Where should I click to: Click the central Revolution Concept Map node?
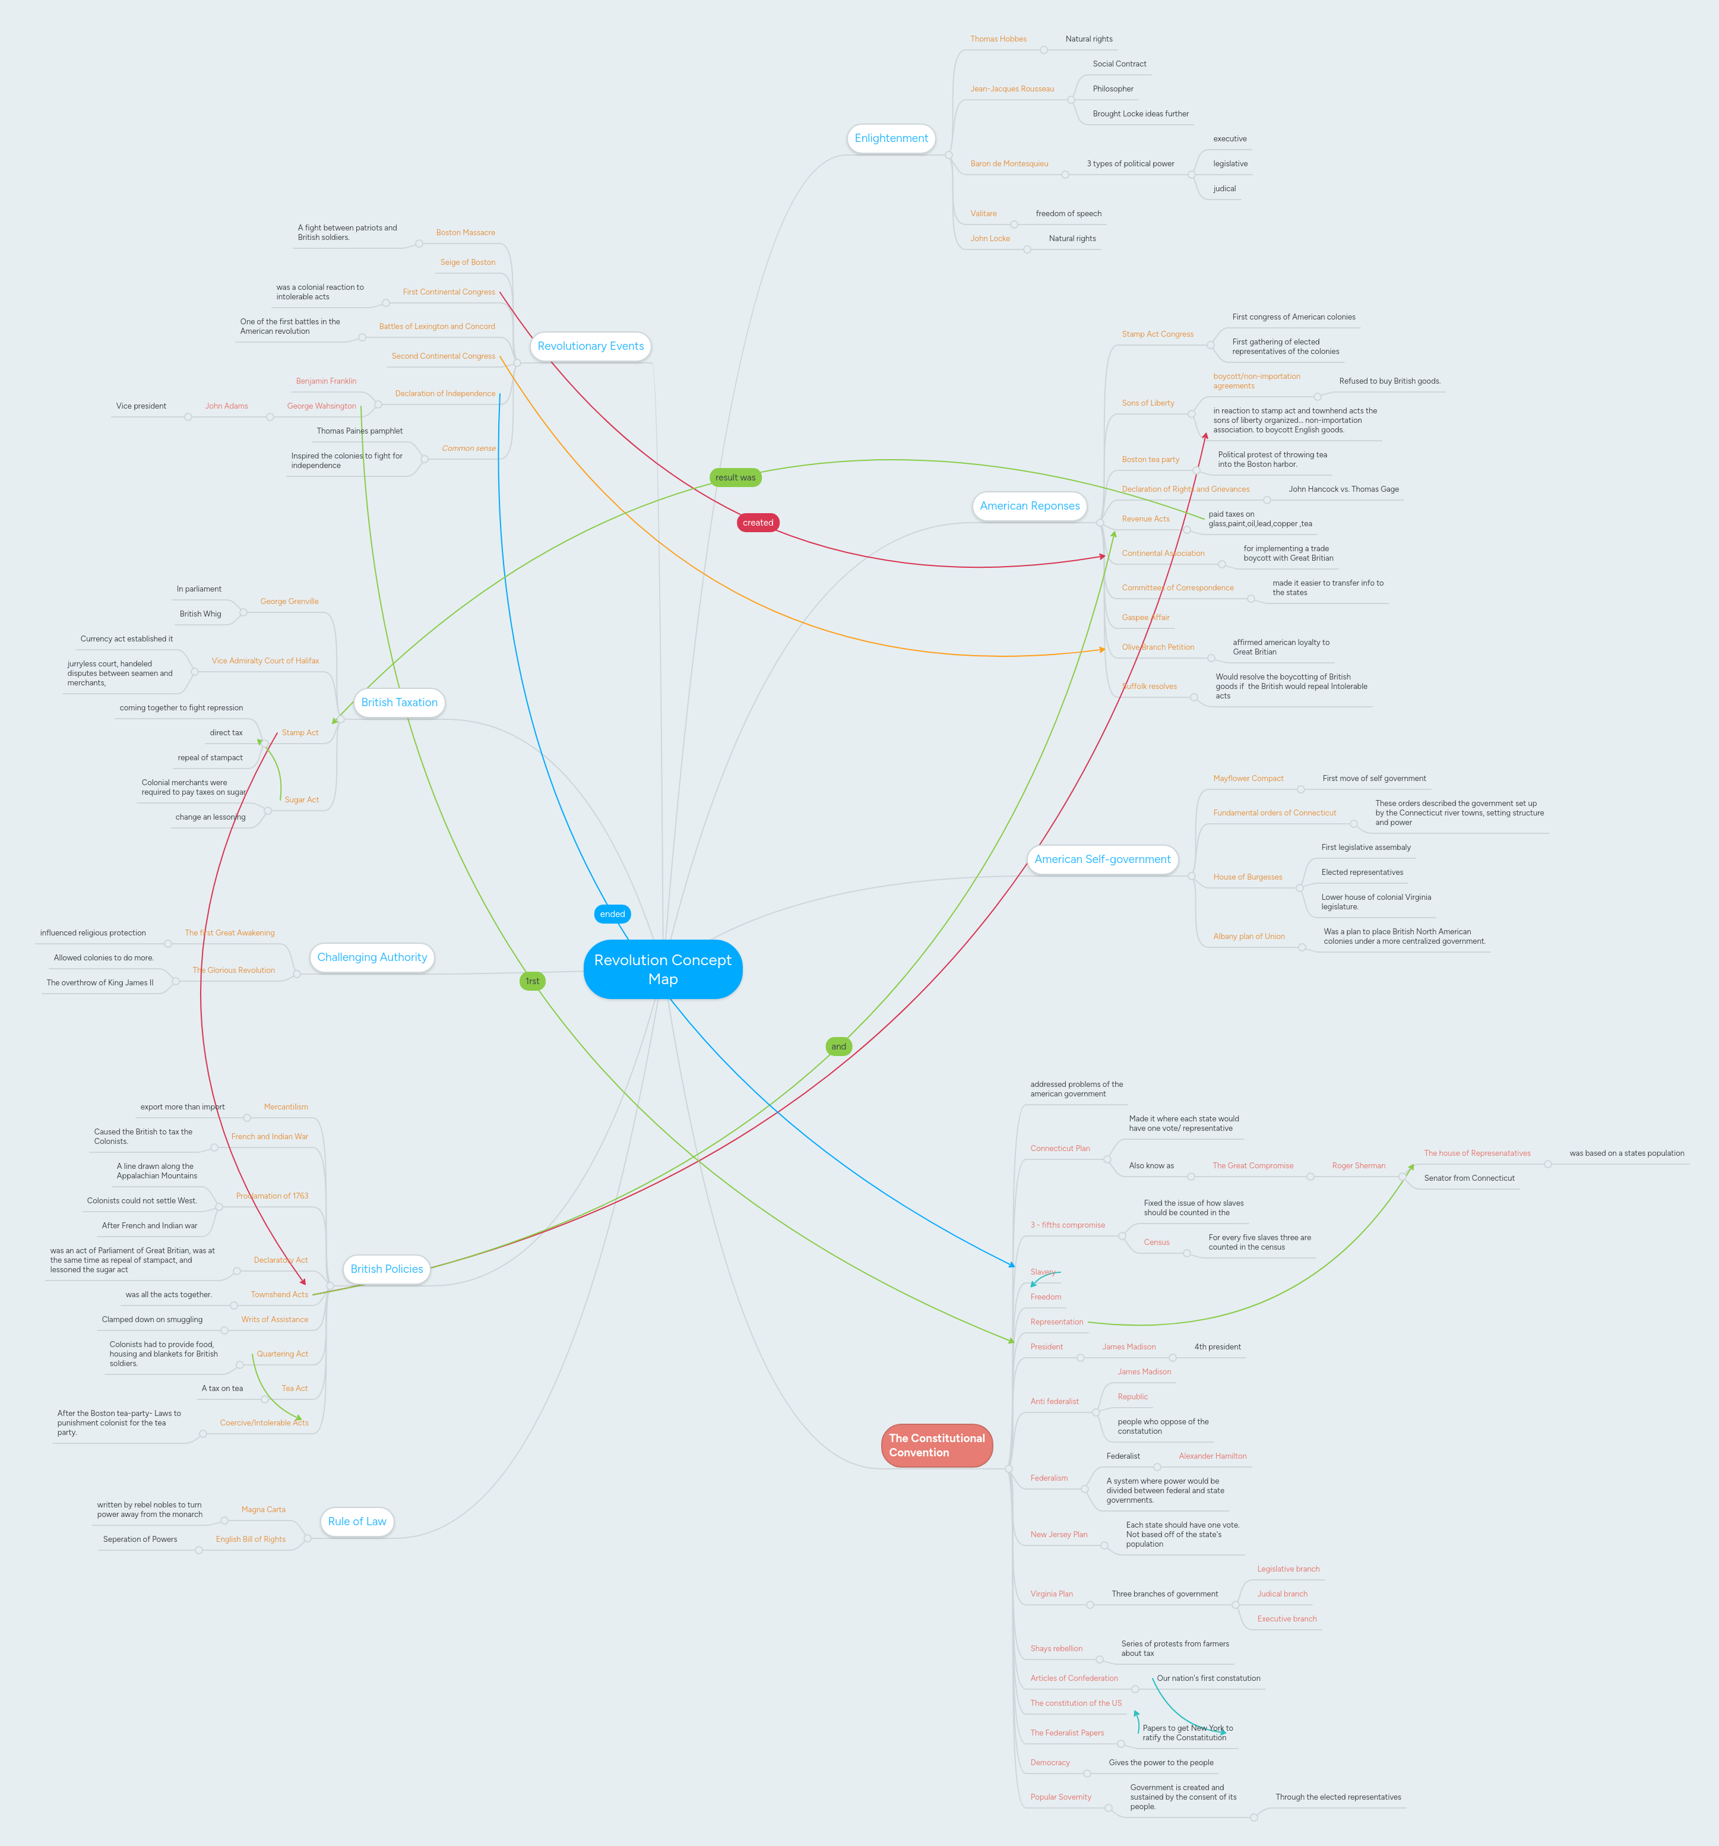(x=663, y=969)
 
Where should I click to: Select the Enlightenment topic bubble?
(x=891, y=138)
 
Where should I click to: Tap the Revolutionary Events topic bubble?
(x=590, y=346)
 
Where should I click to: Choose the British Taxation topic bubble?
(x=399, y=703)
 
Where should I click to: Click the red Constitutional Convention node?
(x=936, y=1446)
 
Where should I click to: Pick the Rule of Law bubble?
(x=357, y=1522)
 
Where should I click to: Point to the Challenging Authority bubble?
(x=372, y=957)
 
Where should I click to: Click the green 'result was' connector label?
(x=735, y=478)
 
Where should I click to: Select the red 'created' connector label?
(x=758, y=523)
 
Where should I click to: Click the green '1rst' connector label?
(x=532, y=981)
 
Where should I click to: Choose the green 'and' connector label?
(x=839, y=1047)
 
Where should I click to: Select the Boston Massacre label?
(x=465, y=233)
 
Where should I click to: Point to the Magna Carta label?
(x=264, y=1510)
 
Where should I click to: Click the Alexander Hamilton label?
(x=1213, y=1456)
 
